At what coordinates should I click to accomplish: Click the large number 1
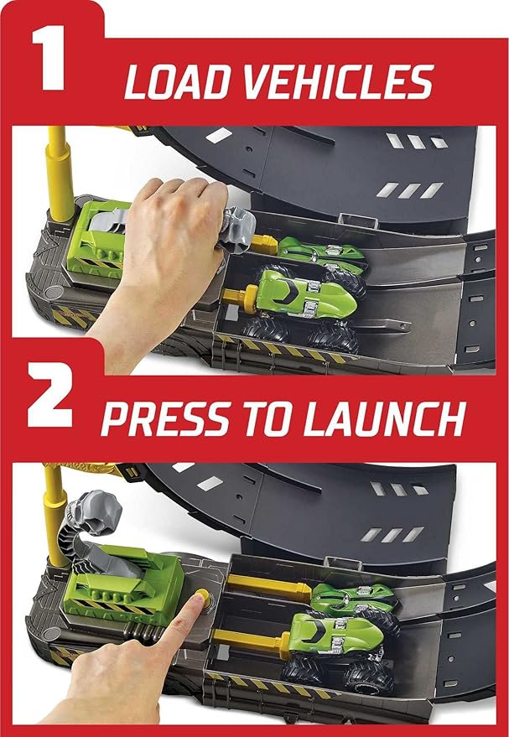pos(49,60)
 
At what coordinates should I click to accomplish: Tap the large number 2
pos(49,394)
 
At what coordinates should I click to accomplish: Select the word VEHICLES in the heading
pos(337,82)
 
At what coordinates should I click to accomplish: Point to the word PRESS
pos(165,418)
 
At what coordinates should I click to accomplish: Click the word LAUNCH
pos(383,418)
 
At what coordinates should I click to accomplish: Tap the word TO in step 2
pos(267,418)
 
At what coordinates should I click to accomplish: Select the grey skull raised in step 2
pos(93,513)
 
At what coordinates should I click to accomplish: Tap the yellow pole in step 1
pos(60,174)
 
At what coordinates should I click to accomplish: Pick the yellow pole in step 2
pos(56,515)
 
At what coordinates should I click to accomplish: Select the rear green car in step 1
pos(321,254)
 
